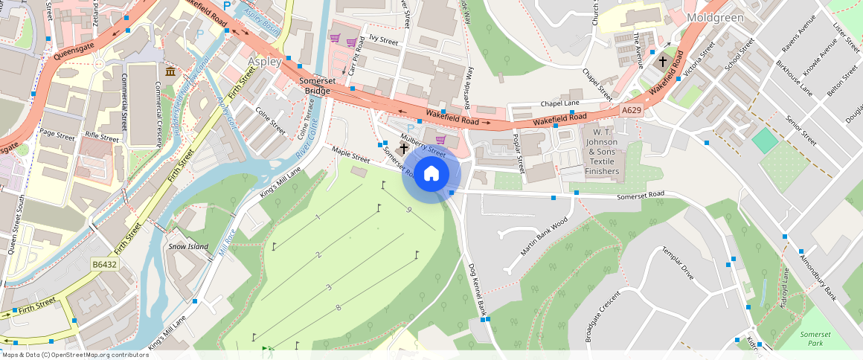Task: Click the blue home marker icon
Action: click(x=431, y=174)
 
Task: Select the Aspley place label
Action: click(x=264, y=62)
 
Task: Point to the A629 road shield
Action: click(x=631, y=110)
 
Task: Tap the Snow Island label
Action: click(x=188, y=246)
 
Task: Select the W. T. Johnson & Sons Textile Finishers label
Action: click(x=602, y=151)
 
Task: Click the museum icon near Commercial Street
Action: click(x=171, y=71)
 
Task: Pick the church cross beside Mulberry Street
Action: click(x=403, y=148)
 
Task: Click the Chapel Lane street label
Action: click(x=559, y=103)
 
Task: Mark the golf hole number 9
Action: click(x=409, y=210)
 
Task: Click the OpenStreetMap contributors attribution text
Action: click(x=74, y=355)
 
